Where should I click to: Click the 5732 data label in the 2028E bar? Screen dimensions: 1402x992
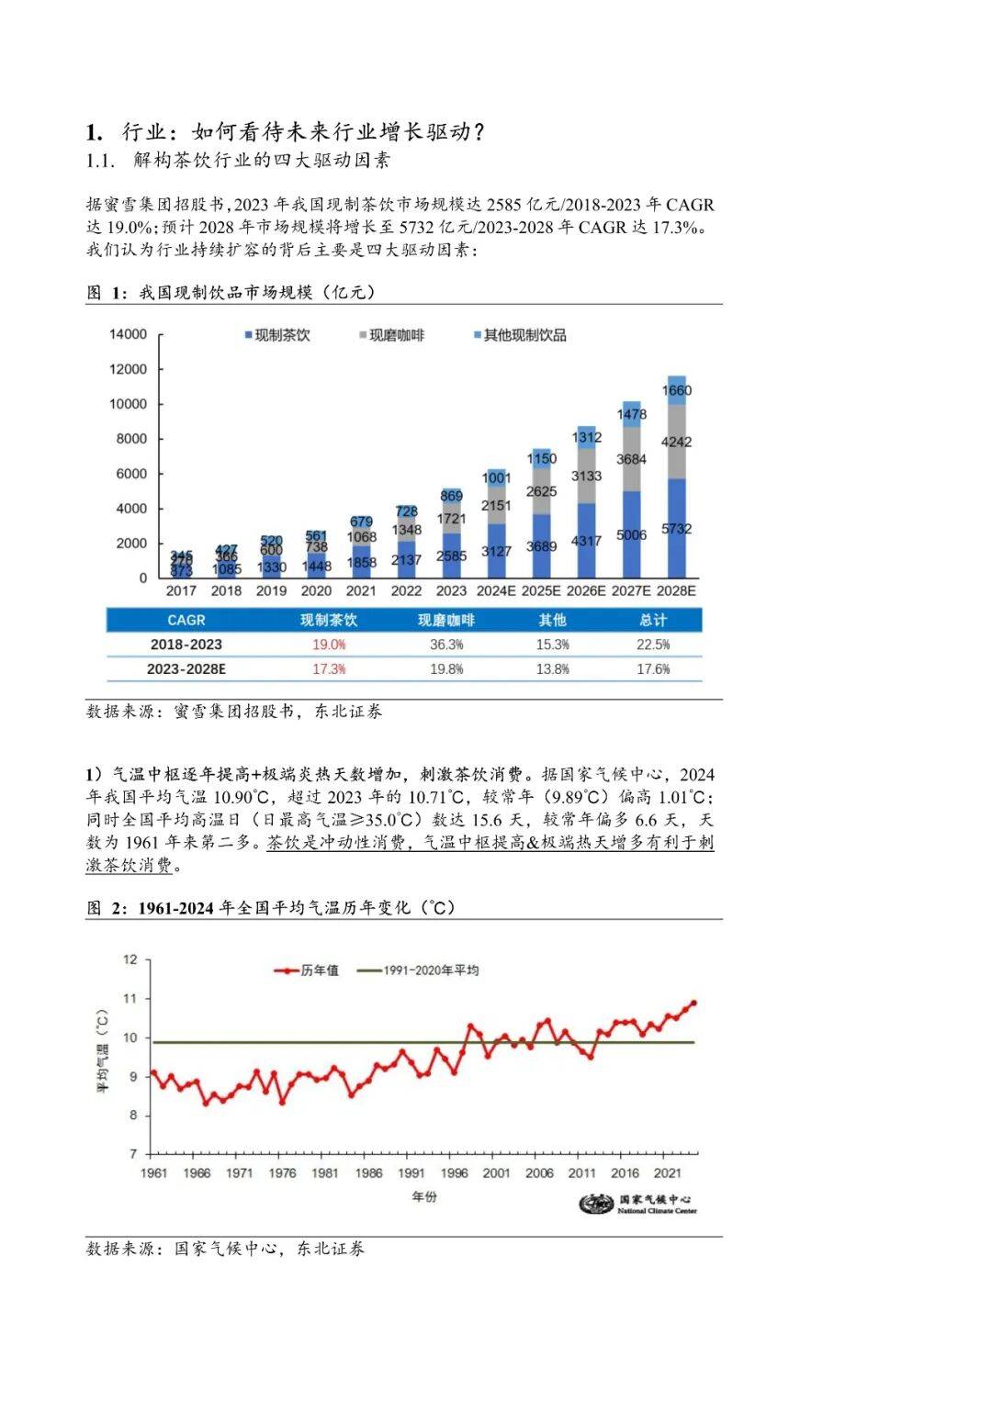point(676,529)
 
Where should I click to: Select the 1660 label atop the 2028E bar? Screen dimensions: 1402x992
point(676,390)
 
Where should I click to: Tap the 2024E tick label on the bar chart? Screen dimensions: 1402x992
point(496,591)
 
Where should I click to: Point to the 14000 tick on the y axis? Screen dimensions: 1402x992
point(128,334)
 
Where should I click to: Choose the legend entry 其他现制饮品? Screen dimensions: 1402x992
point(520,336)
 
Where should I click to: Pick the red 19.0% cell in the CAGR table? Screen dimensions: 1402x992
point(329,645)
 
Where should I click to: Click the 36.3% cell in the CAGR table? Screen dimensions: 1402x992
point(446,645)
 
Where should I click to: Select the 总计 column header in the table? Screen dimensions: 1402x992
point(653,621)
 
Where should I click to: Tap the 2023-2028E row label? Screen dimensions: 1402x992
point(186,669)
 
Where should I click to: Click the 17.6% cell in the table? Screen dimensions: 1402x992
point(653,669)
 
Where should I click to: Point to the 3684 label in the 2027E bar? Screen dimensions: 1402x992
point(631,459)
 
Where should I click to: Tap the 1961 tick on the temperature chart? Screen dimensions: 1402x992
point(153,1172)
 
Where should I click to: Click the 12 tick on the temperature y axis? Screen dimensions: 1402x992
point(130,959)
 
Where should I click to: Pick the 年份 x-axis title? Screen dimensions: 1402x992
point(424,1197)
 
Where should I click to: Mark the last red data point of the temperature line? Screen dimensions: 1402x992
point(693,1003)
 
